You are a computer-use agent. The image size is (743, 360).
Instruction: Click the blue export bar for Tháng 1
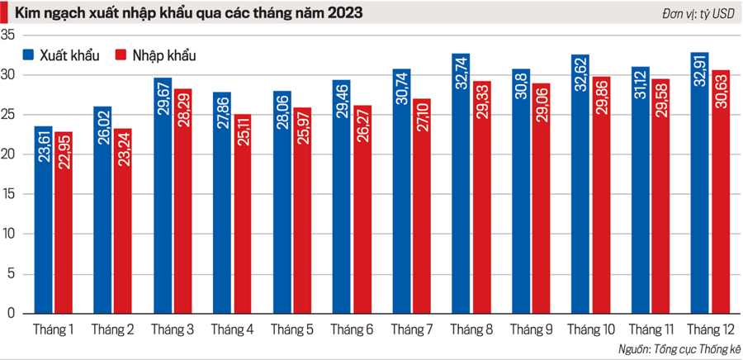[x=44, y=223]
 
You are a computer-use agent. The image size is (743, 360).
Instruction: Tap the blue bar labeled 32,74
[x=461, y=190]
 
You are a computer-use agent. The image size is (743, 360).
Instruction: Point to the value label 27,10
[x=422, y=121]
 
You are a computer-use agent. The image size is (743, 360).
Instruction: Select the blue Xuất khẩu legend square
[x=28, y=55]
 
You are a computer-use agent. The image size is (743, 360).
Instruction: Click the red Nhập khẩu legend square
[x=120, y=55]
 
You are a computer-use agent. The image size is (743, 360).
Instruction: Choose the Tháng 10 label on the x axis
[x=590, y=330]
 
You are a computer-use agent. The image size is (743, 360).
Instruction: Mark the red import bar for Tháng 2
[x=123, y=223]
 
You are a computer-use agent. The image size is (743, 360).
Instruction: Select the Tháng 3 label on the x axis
[x=173, y=330]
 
